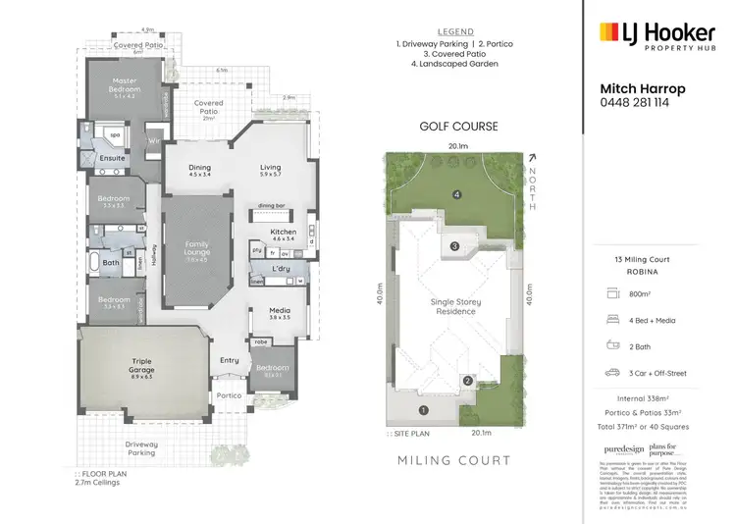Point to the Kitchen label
tap(284, 235)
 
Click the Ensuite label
tap(111, 157)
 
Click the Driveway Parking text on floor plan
tap(141, 448)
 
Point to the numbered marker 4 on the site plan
tap(457, 194)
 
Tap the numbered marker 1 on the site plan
tap(424, 410)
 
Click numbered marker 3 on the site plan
tap(455, 245)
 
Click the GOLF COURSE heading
tap(458, 127)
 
